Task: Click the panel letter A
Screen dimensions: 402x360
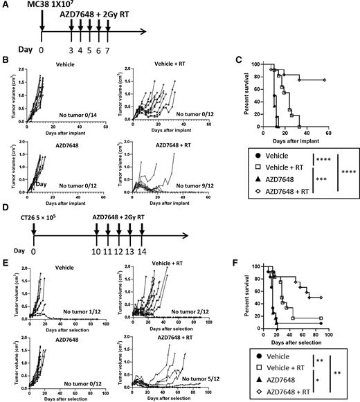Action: (6, 6)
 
